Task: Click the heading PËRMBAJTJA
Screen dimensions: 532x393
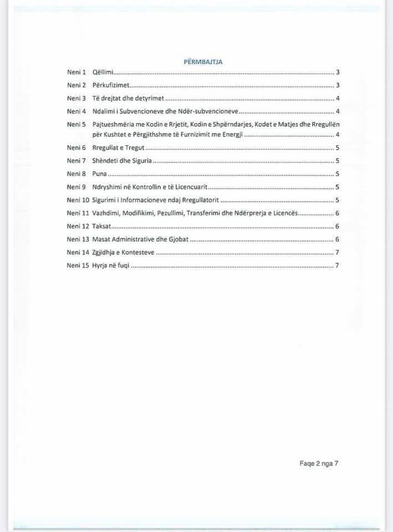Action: pos(203,62)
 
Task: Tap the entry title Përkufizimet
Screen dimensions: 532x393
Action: pos(111,85)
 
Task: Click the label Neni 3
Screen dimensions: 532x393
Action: pos(76,98)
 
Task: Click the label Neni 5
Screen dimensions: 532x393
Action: pos(76,124)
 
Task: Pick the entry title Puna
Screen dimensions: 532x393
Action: pos(100,173)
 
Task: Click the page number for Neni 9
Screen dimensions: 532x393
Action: pos(337,187)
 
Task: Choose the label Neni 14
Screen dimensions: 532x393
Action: pos(78,253)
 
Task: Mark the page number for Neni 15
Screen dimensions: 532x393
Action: pos(337,265)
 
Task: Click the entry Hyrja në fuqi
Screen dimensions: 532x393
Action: pos(111,265)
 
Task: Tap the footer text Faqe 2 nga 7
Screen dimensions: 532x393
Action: pos(315,464)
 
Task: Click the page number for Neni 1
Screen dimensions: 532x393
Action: pos(337,73)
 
